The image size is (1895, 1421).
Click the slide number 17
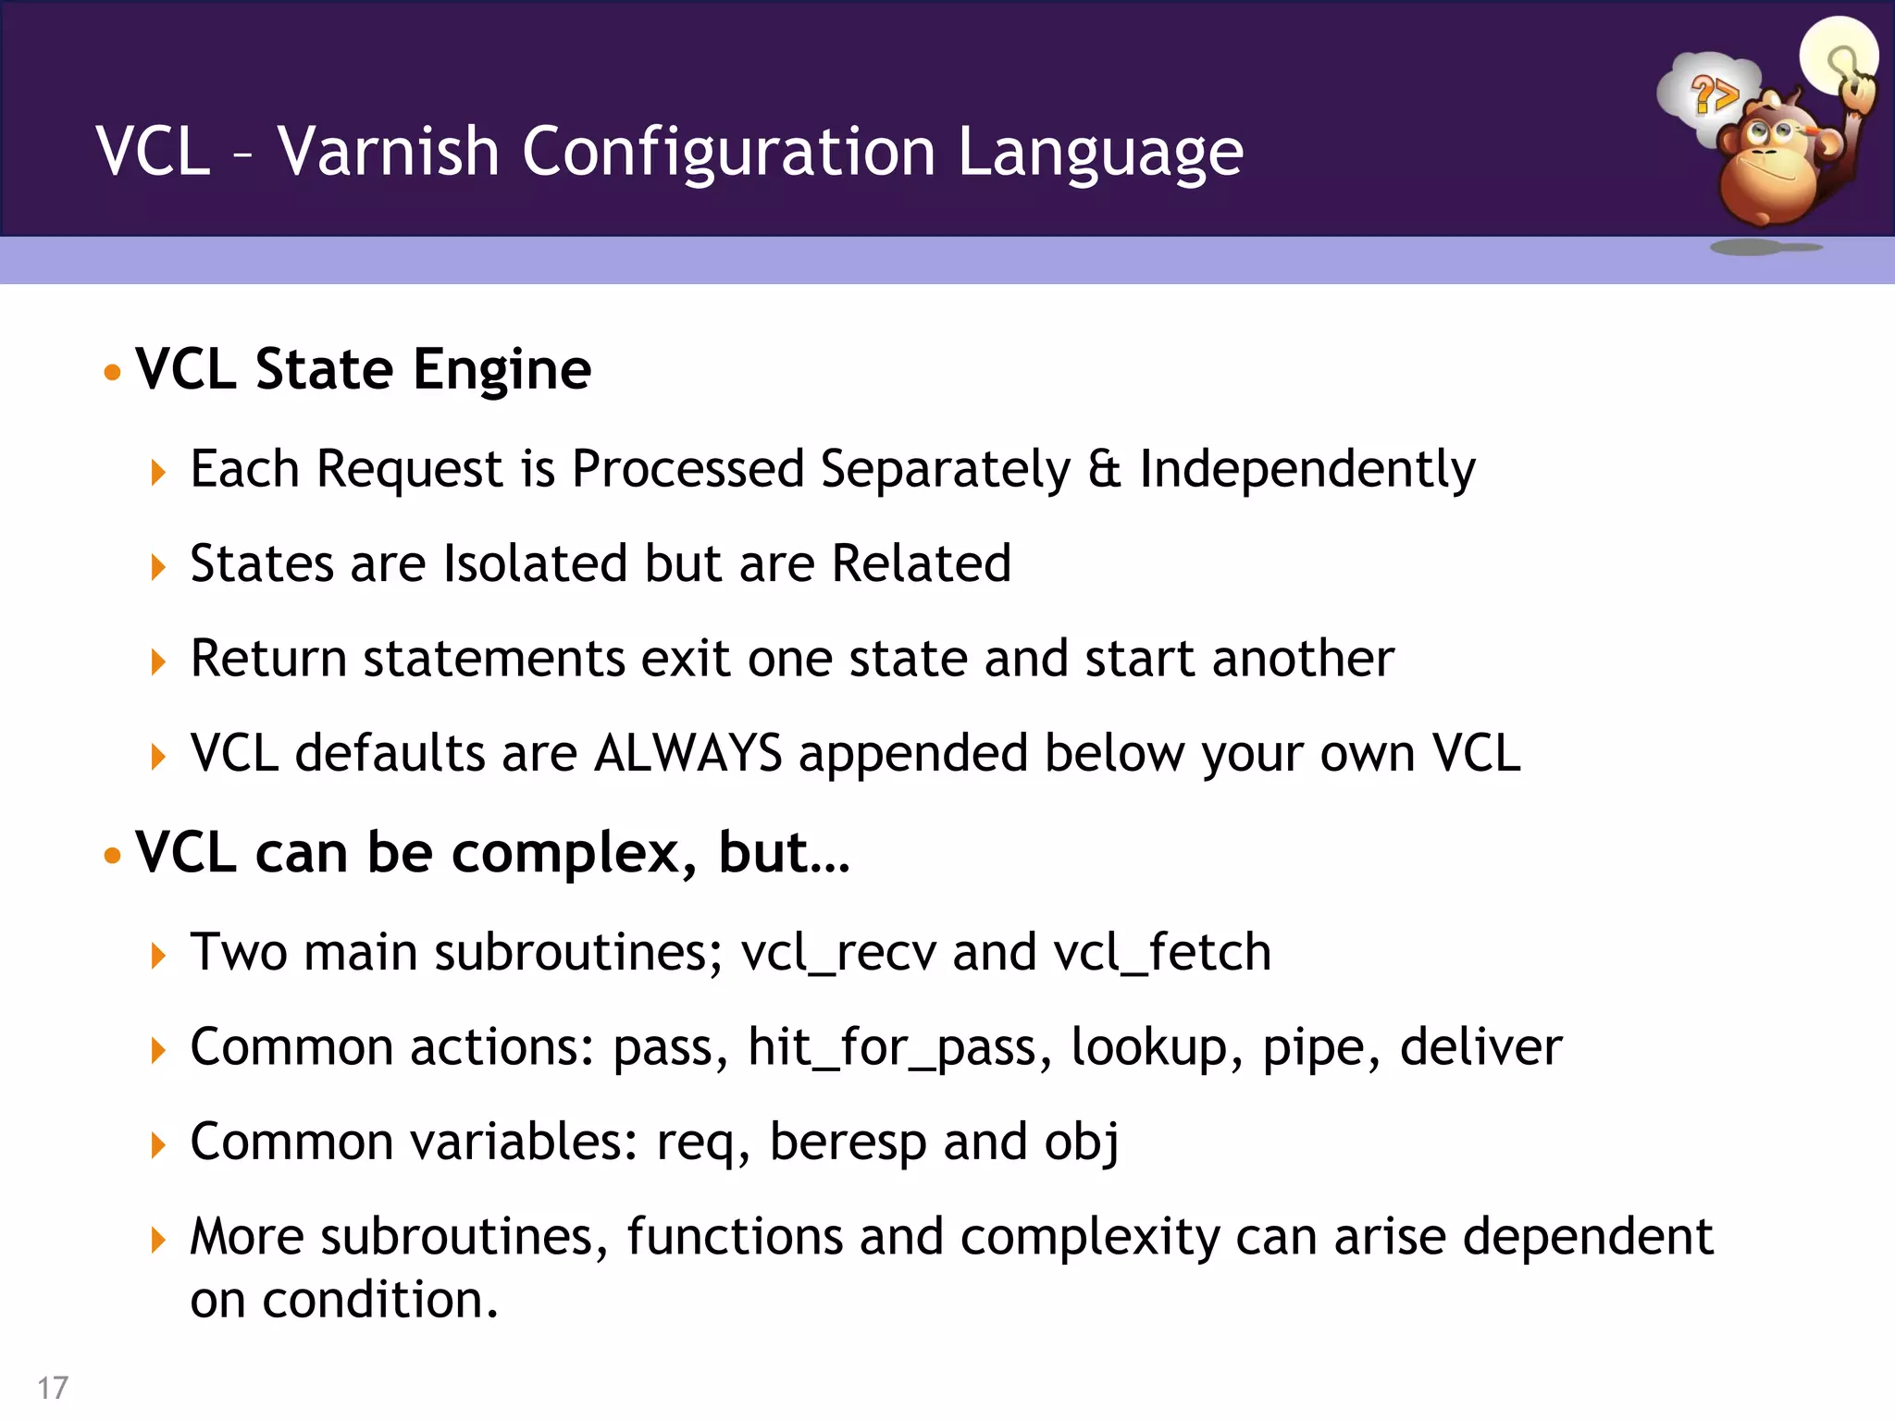point(53,1388)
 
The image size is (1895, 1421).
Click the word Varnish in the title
point(389,151)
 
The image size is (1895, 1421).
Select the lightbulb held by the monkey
point(1839,56)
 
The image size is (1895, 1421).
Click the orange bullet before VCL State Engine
point(113,373)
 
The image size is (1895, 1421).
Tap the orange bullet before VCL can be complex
point(113,856)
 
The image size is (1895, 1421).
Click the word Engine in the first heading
point(502,371)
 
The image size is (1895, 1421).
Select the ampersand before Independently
point(1104,469)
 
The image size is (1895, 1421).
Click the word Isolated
point(536,563)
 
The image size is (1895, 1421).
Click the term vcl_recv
point(838,953)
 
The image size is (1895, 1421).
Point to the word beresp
point(848,1143)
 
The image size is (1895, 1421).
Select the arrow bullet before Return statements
point(158,662)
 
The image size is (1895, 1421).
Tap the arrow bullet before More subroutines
point(158,1240)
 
